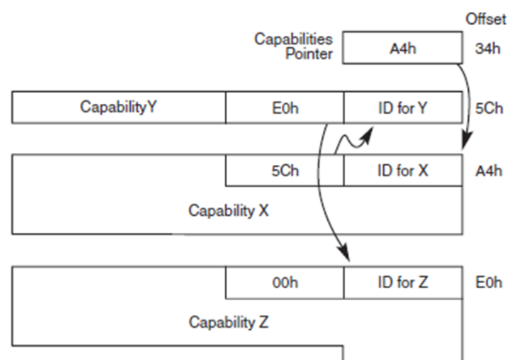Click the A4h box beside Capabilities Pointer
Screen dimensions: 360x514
coord(403,48)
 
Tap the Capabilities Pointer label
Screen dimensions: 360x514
coord(294,46)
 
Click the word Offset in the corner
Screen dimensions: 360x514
coord(485,20)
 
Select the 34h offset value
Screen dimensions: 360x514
coord(488,48)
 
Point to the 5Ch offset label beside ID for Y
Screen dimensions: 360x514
coord(489,108)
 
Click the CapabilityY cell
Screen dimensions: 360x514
coord(118,108)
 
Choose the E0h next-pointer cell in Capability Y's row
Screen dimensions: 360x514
coord(284,108)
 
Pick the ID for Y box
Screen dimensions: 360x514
coord(403,108)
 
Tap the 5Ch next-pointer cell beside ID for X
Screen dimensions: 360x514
coord(284,171)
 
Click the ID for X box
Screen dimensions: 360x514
coord(403,171)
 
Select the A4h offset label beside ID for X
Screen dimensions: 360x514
coord(489,171)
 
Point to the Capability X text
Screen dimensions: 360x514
coord(228,210)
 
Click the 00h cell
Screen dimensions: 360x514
coord(284,283)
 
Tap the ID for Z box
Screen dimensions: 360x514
coord(403,283)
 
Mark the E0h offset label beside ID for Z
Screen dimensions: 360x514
coord(489,283)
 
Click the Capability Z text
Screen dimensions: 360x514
coord(228,322)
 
